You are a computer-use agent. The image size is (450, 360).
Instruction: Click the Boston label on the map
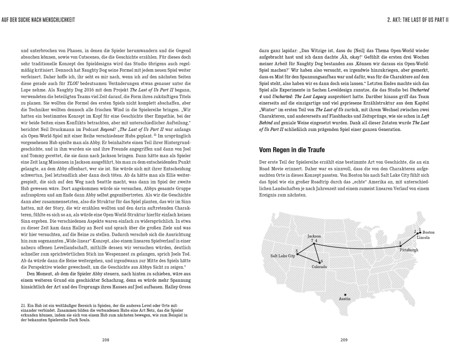pyautogui.click(x=429, y=232)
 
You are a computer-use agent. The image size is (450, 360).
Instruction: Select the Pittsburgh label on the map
pyautogui.click(x=409, y=249)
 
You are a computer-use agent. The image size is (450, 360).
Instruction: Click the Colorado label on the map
pyautogui.click(x=319, y=267)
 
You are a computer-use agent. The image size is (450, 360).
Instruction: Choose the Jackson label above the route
pyautogui.click(x=314, y=236)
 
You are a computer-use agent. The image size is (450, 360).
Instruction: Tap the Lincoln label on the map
pyautogui.click(x=423, y=237)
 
